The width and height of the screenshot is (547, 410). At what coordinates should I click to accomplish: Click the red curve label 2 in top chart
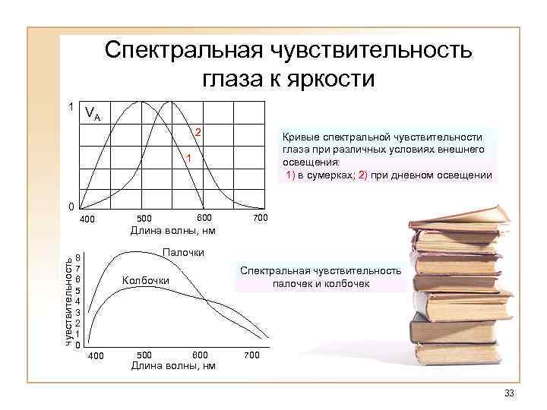(x=198, y=134)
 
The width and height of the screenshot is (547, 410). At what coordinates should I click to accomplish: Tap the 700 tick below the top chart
(x=260, y=219)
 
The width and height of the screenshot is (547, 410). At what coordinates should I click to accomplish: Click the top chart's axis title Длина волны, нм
(x=172, y=230)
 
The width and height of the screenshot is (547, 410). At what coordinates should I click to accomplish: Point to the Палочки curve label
(x=182, y=252)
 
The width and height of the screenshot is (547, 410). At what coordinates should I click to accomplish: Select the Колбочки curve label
(x=145, y=281)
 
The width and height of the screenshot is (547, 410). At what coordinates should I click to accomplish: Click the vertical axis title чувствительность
(x=68, y=301)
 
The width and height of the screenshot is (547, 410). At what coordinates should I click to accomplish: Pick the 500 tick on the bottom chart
(x=145, y=355)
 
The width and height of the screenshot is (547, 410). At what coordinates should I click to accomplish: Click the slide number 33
(x=508, y=393)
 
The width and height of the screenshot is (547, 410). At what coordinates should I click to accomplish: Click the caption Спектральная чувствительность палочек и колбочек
(x=320, y=277)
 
